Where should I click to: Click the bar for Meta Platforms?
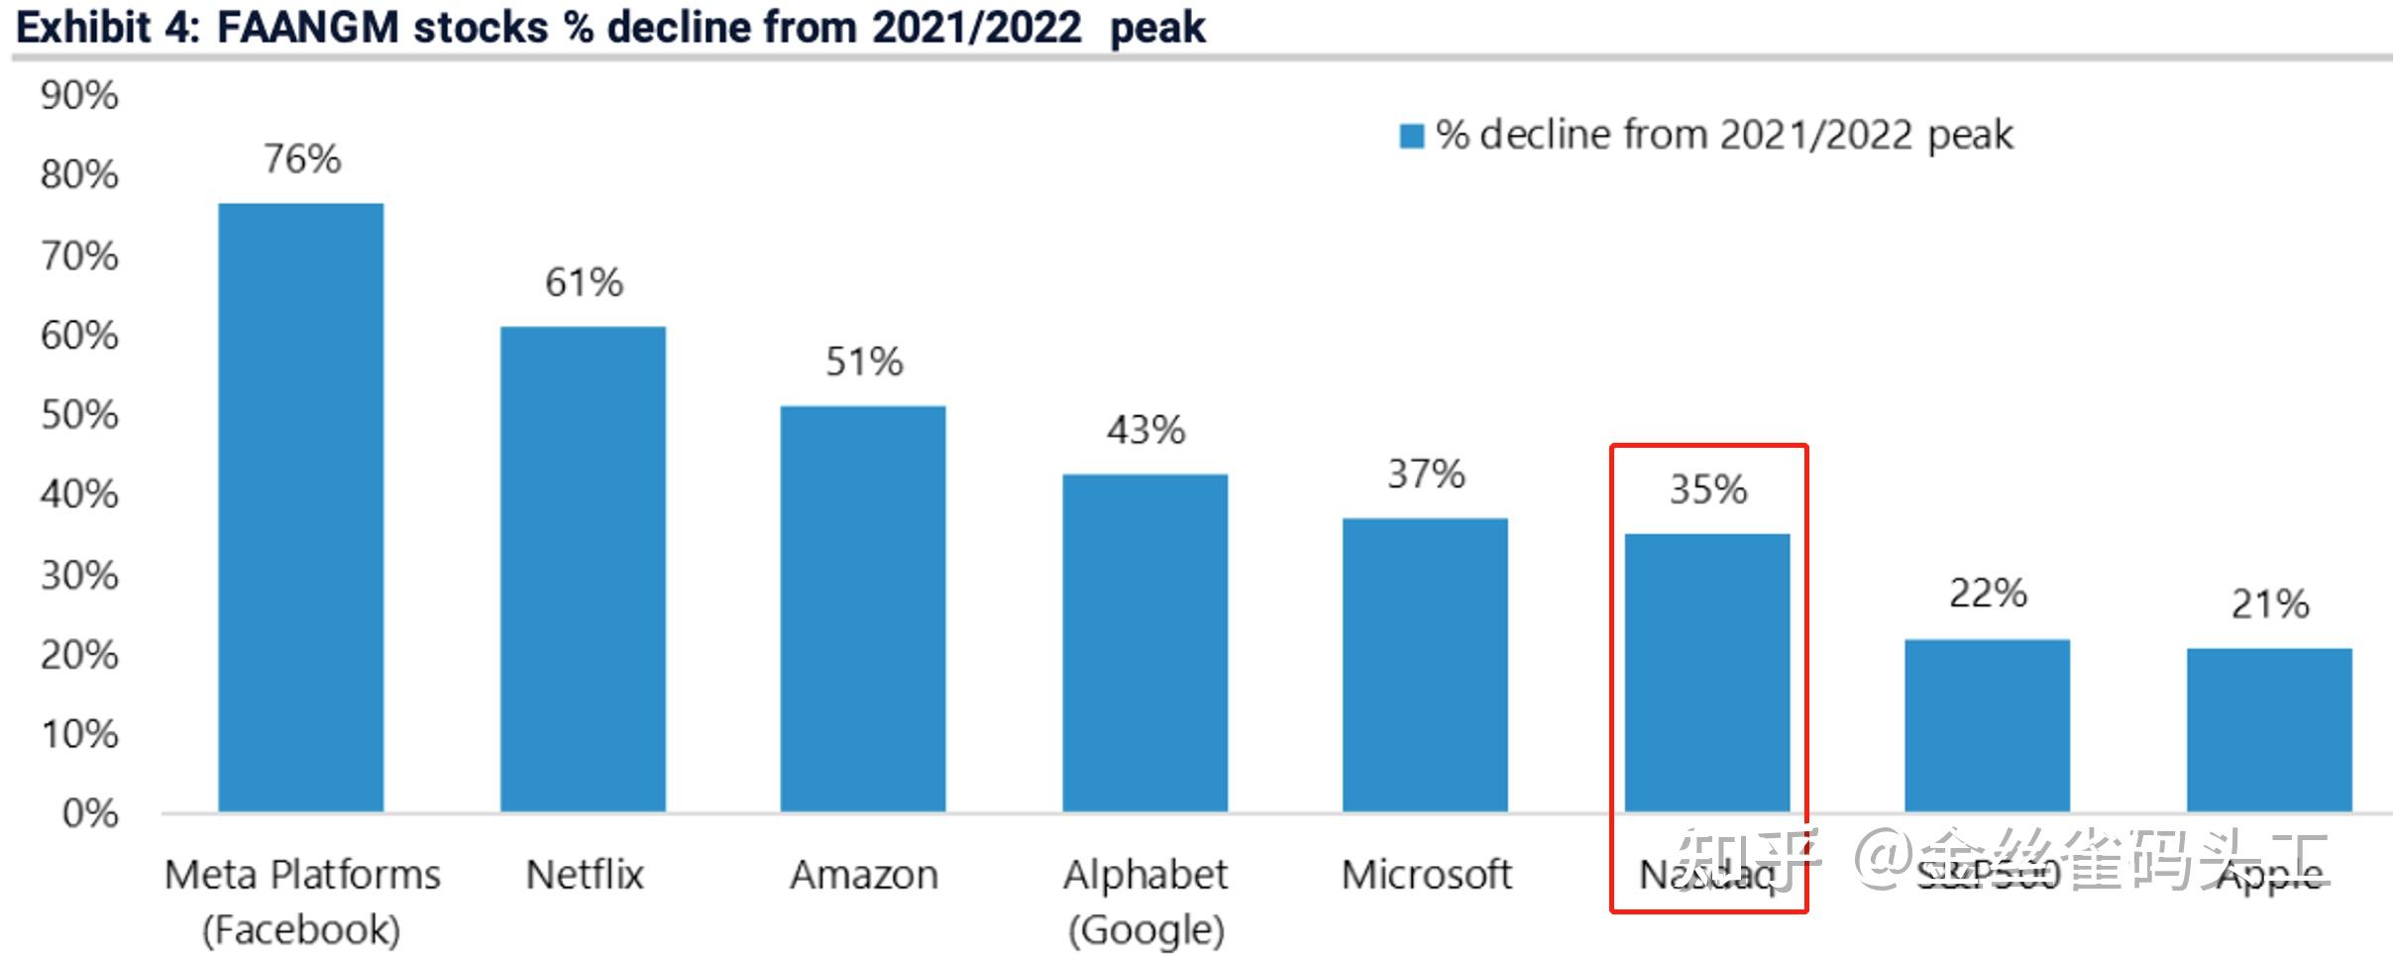300,507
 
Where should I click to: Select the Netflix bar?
583,569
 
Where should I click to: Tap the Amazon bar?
862,608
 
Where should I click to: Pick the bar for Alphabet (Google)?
1144,643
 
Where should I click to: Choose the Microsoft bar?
1425,665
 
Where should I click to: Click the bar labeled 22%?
1987,725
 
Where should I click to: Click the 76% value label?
302,159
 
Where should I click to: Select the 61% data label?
584,282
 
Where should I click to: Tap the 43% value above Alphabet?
1145,430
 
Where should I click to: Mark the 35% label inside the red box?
1708,489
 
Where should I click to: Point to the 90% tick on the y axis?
79,96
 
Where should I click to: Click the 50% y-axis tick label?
79,415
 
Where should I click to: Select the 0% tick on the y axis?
90,813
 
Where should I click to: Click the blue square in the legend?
1411,136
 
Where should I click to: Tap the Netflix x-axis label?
584,875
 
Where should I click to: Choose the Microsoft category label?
1426,875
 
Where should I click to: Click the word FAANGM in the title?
307,28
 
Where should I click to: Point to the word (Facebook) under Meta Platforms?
302,930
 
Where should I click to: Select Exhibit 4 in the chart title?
107,28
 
